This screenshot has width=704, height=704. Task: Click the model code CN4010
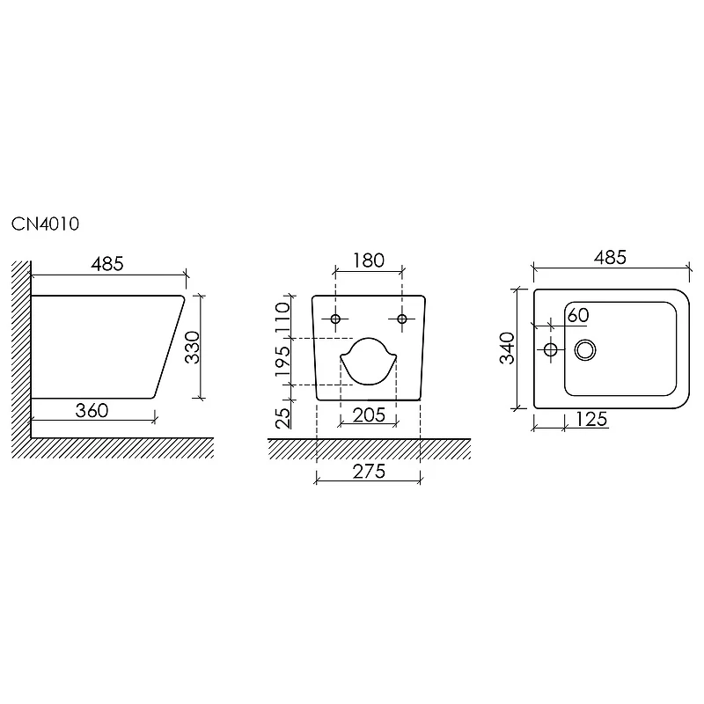pos(46,224)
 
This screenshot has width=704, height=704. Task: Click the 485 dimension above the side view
pos(107,263)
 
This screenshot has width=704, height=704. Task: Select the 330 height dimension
pos(193,347)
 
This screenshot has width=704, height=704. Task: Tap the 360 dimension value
pos(92,410)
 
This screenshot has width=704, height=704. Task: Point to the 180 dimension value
pos(369,260)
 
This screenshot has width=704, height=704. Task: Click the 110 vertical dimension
pos(283,318)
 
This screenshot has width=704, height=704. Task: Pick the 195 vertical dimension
pos(283,362)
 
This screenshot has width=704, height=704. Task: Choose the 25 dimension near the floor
pos(283,418)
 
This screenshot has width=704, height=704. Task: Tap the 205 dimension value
pos(369,415)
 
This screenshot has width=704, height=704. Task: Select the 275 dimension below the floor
pos(369,472)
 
